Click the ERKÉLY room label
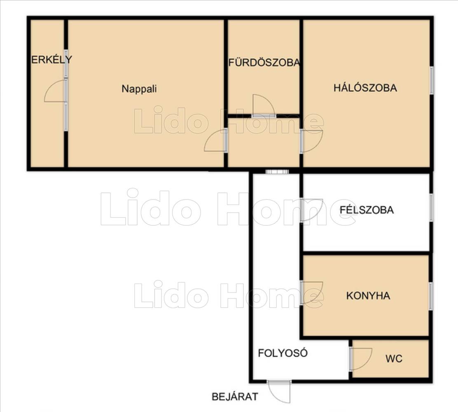[x=51, y=60]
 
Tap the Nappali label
[x=139, y=89]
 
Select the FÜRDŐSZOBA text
[x=264, y=62]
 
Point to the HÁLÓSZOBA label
[x=365, y=88]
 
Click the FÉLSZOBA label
[x=367, y=210]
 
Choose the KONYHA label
[x=368, y=296]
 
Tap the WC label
[x=394, y=358]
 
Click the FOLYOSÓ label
[x=283, y=353]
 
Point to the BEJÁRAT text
[x=235, y=396]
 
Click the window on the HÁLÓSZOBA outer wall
[x=431, y=80]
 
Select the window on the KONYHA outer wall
[x=430, y=296]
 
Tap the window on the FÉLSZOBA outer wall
[x=431, y=207]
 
